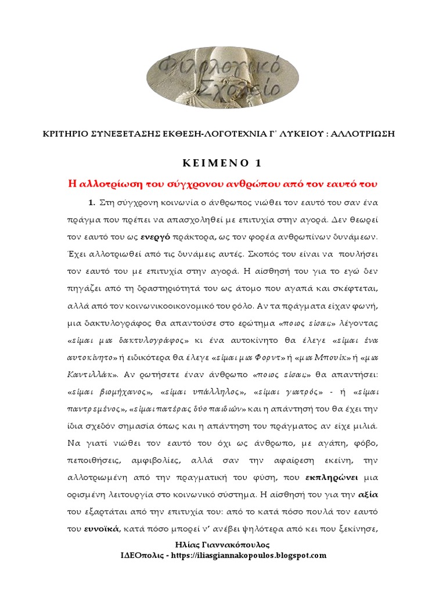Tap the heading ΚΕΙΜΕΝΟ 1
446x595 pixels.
coord(223,162)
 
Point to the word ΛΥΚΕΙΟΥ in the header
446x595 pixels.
coord(282,133)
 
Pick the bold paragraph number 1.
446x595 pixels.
coord(91,202)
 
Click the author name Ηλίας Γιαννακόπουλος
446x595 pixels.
coord(222,544)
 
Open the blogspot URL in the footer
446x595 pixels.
coord(261,555)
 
